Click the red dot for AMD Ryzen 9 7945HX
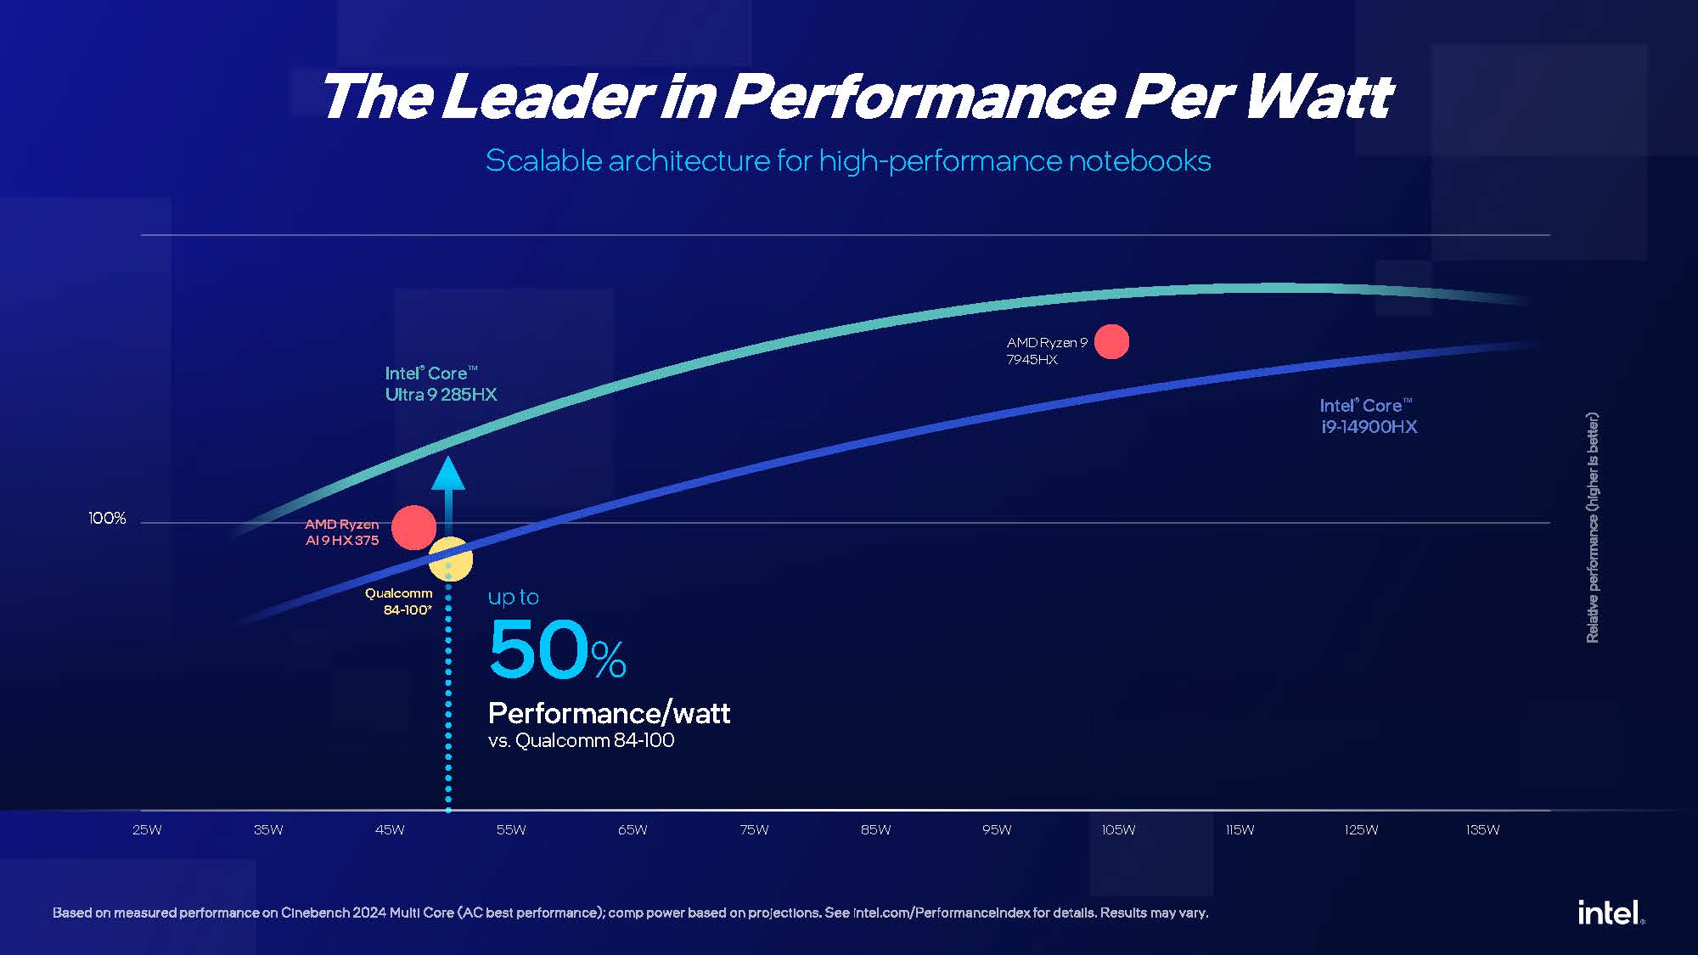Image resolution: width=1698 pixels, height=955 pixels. tap(1111, 341)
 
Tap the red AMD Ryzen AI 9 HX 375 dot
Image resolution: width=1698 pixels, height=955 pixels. tap(413, 527)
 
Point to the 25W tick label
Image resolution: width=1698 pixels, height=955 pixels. tap(147, 829)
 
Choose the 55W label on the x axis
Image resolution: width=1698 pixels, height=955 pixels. tap(511, 829)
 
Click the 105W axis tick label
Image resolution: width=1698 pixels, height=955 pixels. tap(1118, 829)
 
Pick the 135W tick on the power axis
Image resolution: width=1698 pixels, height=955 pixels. tap(1482, 829)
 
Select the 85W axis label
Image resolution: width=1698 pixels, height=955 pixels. tap(875, 829)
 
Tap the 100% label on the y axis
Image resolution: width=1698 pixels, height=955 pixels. tap(107, 518)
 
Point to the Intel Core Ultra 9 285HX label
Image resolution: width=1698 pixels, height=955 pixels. tap(441, 384)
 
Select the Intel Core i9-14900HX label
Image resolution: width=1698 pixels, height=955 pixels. tap(1369, 416)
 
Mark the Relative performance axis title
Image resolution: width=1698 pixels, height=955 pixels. tap(1593, 527)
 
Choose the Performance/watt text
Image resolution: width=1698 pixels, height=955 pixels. tap(609, 713)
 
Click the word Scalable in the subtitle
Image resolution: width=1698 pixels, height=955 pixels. tap(543, 160)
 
